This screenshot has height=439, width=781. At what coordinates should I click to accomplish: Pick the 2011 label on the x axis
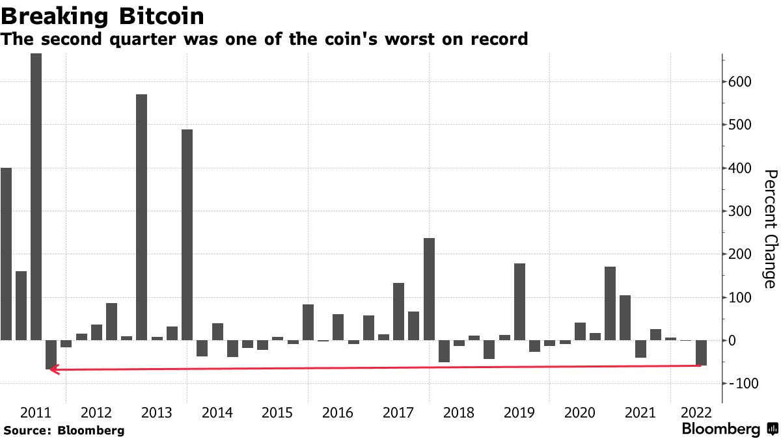pos(36,412)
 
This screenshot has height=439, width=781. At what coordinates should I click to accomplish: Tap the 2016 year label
pos(338,412)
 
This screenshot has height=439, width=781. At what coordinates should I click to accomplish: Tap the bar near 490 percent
pos(187,234)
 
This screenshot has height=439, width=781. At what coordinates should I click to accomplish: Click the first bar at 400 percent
pos(6,254)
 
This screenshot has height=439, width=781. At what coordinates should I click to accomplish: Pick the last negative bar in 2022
pos(701,353)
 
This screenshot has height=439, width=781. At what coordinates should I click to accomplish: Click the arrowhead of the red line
pos(54,369)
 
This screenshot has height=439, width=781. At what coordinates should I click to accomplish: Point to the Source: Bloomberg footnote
pos(64,430)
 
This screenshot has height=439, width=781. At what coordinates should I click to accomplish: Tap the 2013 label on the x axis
pos(157,412)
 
